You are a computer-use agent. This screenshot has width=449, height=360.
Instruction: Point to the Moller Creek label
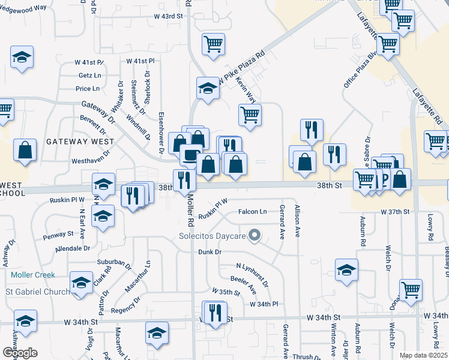pyautogui.click(x=32, y=275)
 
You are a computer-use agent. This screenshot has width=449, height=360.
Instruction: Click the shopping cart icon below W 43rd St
pyautogui.click(x=213, y=44)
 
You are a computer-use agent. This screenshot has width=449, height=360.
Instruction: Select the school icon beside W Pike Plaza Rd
pyautogui.click(x=208, y=88)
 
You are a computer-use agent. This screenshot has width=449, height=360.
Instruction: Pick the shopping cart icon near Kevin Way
pyautogui.click(x=250, y=114)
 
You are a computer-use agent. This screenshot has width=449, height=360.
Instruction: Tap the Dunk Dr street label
pyautogui.click(x=209, y=252)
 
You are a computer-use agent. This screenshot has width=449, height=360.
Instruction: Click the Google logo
pyautogui.click(x=20, y=353)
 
